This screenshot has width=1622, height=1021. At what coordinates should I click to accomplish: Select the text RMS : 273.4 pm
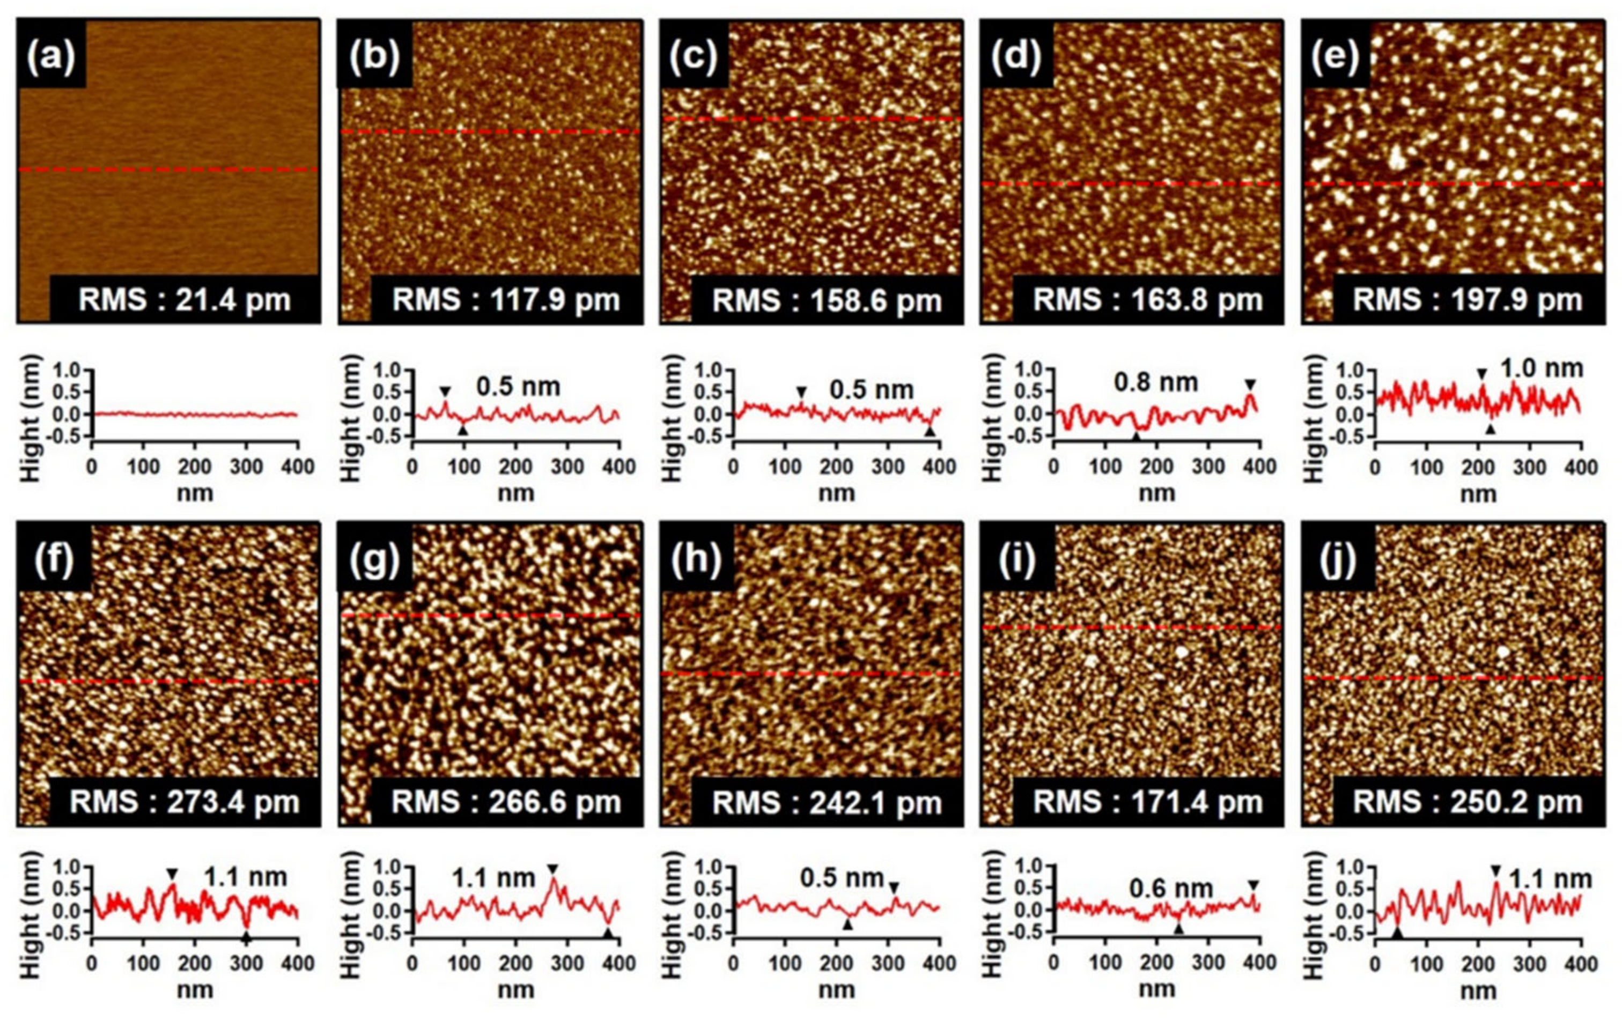point(185,802)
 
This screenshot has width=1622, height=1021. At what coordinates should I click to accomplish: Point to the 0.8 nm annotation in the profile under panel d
point(1156,382)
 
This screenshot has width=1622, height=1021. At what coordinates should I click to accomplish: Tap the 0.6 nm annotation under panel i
point(1171,889)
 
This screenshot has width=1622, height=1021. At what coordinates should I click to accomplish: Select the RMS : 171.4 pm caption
point(1147,802)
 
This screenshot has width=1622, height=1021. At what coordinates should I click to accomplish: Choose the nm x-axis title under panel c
point(837,494)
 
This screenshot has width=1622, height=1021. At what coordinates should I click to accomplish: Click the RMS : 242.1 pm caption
point(827,802)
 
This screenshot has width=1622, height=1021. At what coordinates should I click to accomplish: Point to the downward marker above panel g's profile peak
point(553,868)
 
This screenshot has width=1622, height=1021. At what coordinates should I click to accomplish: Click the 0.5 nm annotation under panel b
point(518,387)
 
